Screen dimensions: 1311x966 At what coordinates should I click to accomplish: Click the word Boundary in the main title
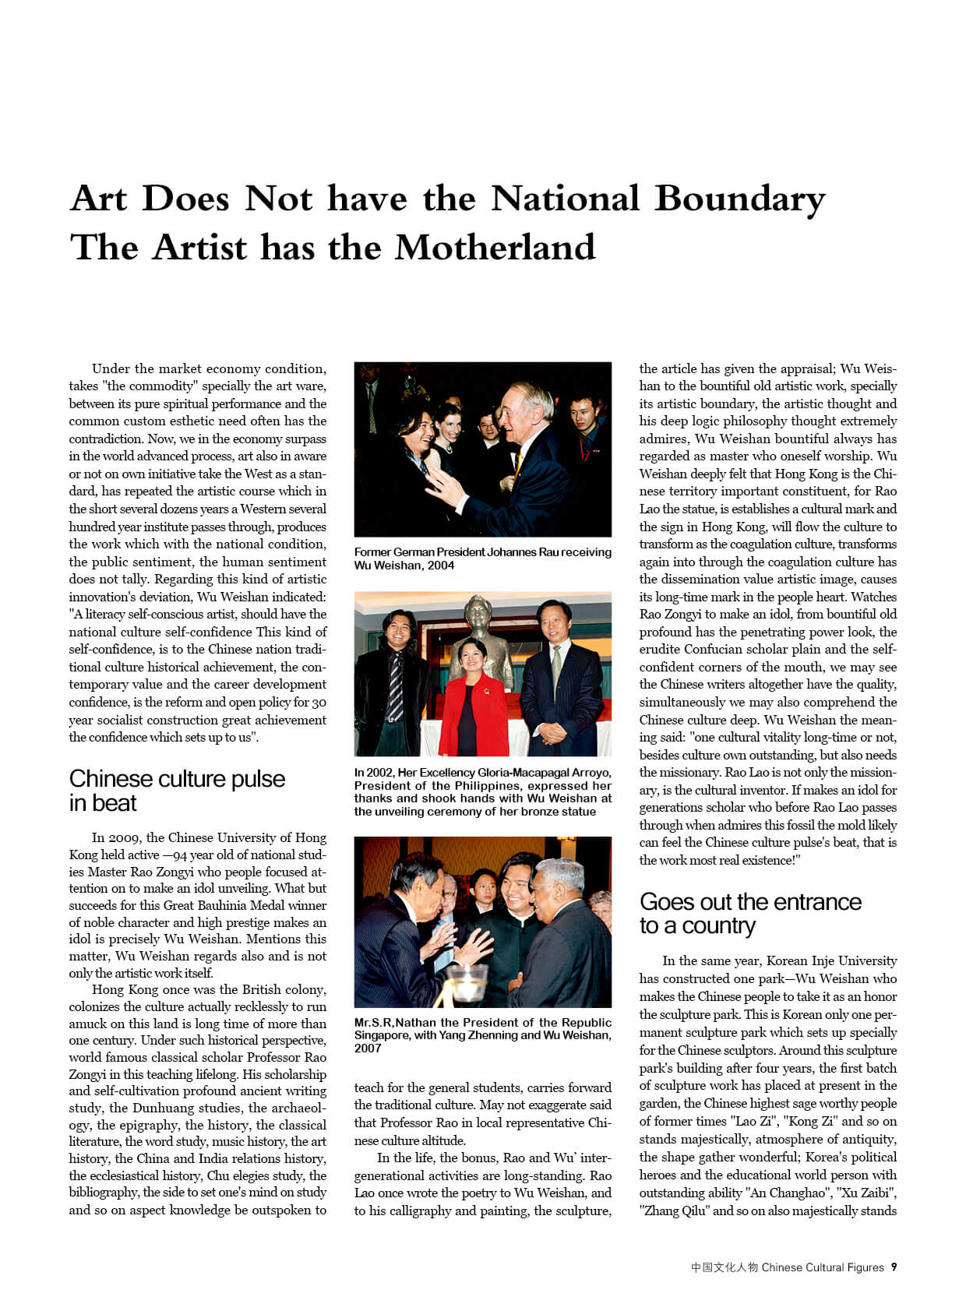coord(739,199)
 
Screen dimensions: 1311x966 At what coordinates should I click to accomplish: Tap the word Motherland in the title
coord(495,248)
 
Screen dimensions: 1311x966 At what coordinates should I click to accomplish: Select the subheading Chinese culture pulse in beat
coord(177,790)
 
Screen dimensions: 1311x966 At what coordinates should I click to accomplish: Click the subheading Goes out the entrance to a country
coord(750,913)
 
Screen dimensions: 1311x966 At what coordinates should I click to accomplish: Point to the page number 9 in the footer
coord(894,1267)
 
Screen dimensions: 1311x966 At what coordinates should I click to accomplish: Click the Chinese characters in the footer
coord(724,1267)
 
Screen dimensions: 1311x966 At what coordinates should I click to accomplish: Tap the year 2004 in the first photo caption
coord(440,566)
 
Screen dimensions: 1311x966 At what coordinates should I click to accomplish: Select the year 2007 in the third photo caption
coord(368,1048)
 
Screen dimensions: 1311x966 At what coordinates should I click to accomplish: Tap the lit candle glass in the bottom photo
coord(469,983)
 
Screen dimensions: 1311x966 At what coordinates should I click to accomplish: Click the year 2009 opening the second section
coord(125,838)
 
